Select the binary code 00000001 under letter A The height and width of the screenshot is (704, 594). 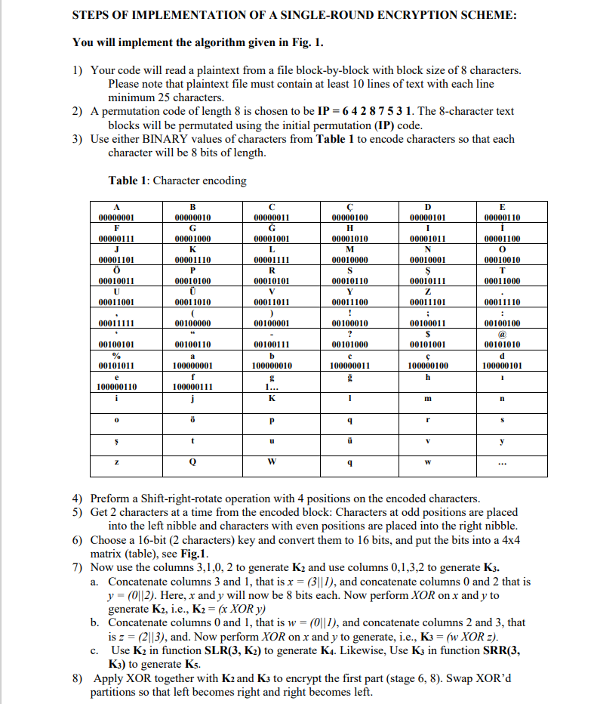click(115, 218)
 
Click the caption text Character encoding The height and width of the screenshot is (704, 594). click(199, 181)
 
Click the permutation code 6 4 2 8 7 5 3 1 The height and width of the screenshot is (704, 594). click(371, 111)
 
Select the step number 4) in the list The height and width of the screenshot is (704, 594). click(78, 499)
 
